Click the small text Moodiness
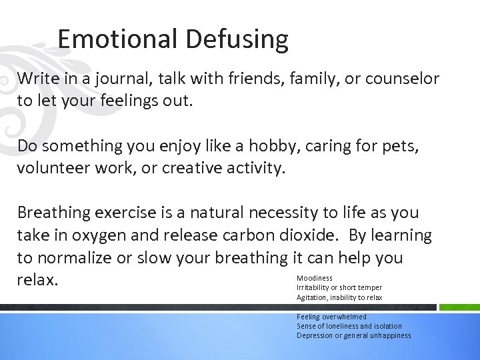point(315,278)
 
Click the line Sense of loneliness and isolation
point(349,326)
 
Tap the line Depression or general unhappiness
point(353,335)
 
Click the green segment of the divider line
point(458,307)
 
